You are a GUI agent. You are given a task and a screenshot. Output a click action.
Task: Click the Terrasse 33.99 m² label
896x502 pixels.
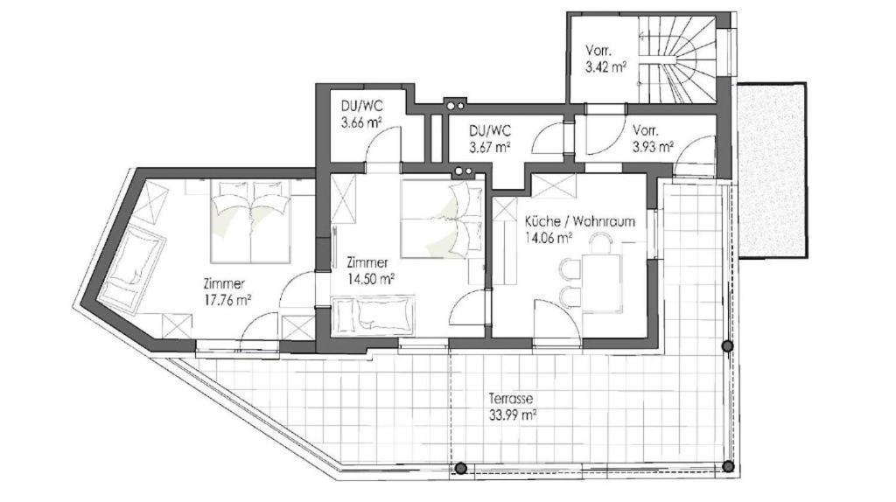[513, 407]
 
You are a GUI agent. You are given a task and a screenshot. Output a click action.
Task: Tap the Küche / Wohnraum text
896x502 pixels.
[579, 221]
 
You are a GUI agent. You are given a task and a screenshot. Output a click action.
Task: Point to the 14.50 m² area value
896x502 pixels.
[372, 279]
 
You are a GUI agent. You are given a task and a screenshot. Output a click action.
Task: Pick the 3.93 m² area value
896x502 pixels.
[653, 147]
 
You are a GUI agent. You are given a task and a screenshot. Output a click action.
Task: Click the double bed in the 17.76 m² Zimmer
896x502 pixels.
[249, 221]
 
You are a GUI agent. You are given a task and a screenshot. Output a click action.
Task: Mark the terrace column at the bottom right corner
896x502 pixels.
[727, 467]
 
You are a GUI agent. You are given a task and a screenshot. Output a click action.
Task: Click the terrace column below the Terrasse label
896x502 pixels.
[461, 468]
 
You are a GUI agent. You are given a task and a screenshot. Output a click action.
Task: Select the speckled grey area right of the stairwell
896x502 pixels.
[772, 171]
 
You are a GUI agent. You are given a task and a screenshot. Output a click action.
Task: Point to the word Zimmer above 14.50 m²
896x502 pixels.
[368, 263]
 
